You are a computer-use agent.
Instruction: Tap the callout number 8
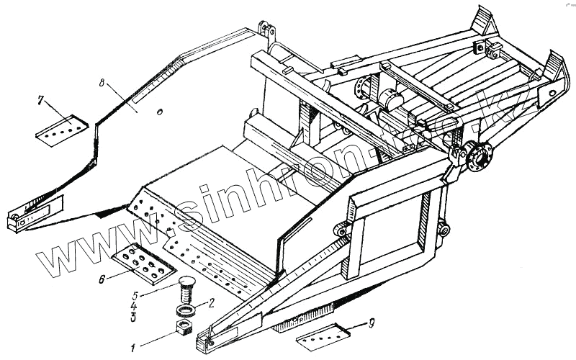pos(104,84)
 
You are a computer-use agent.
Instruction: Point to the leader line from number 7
pos(59,109)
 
